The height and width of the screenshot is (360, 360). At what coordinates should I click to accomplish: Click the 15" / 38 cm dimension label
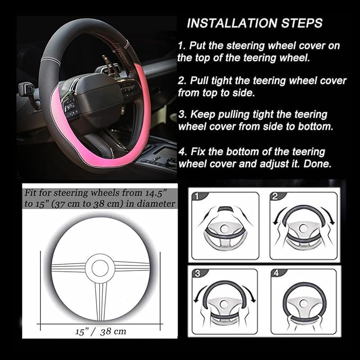(x=100, y=332)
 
